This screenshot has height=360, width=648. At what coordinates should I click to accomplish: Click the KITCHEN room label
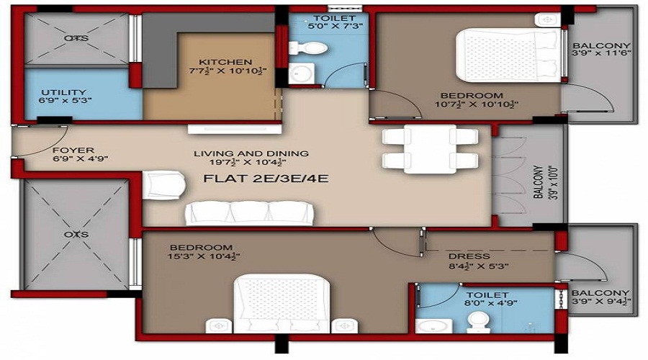pyautogui.click(x=225, y=62)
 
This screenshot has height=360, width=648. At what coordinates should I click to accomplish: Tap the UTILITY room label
pyautogui.click(x=64, y=92)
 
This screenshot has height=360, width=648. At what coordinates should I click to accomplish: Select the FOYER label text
pyautogui.click(x=71, y=150)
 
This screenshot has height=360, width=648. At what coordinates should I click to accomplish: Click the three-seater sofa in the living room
pyautogui.click(x=249, y=212)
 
